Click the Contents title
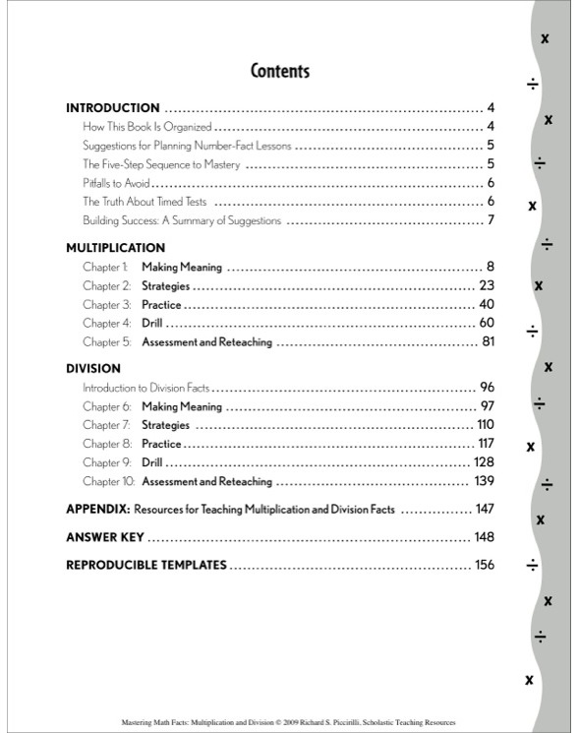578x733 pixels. coord(280,71)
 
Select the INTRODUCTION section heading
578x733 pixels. coord(112,108)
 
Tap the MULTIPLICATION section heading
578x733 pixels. coord(115,248)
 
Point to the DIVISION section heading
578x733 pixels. coord(93,369)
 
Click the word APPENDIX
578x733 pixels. coord(97,510)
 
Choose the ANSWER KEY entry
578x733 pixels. coord(105,537)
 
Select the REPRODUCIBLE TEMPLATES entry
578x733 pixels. coord(146,565)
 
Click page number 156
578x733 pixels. coord(485,565)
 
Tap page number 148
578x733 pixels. coord(484,537)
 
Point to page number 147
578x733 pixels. coord(485,510)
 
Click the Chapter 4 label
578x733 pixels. coord(106,324)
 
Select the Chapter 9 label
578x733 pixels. coord(106,462)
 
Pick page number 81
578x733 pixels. coord(488,342)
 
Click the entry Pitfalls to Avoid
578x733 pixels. coord(116,183)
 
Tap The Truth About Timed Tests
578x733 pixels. coord(144,202)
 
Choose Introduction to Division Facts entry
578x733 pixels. coord(145,388)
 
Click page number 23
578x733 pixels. coord(487,285)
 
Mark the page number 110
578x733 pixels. coord(485,425)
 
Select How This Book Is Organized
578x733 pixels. coord(147,127)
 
